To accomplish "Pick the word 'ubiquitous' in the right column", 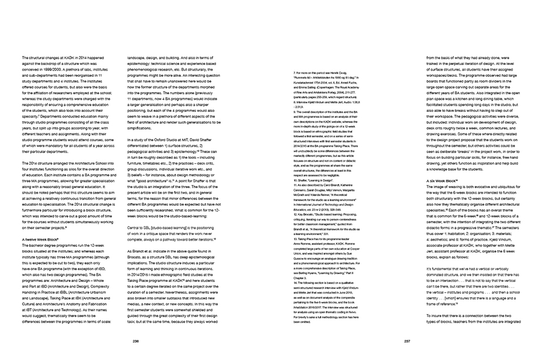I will [507, 187].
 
